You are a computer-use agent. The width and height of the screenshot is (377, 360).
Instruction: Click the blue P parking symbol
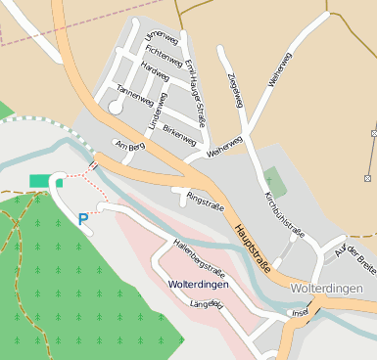[83, 219]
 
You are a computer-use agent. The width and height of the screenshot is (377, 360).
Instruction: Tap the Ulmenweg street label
[162, 37]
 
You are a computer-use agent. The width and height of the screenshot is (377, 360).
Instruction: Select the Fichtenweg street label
[157, 53]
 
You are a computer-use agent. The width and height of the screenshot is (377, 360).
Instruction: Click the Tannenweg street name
[134, 94]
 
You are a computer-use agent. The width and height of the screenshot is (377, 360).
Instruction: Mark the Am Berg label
[129, 145]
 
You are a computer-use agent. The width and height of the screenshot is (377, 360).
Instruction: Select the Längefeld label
[206, 305]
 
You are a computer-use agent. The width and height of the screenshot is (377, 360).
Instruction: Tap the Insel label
[300, 313]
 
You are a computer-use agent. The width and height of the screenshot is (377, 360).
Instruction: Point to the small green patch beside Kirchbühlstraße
[275, 181]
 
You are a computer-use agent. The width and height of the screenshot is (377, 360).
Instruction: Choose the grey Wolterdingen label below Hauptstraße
[327, 290]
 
